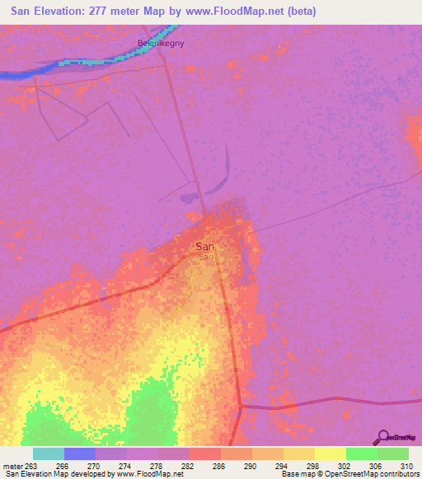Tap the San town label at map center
[x=205, y=246]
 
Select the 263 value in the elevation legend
[x=26, y=465]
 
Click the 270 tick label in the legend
[x=95, y=465]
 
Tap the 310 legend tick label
[x=405, y=465]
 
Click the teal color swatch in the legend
[x=49, y=453]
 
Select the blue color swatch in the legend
[x=80, y=453]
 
